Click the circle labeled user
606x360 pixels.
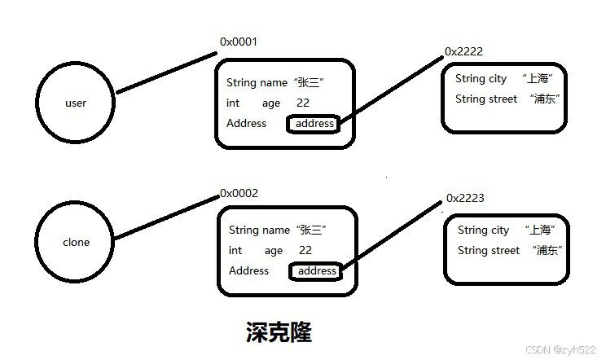coord(76,103)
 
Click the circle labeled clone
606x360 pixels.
coord(76,243)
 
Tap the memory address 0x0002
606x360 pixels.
coord(239,193)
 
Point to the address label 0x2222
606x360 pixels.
coord(463,51)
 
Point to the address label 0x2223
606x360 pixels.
coord(465,199)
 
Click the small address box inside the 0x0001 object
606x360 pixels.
coord(314,124)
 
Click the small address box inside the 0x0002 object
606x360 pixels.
coord(316,271)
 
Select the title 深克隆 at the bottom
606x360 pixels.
coord(279,331)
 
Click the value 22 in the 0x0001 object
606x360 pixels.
coord(303,103)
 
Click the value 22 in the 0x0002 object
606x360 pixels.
coord(305,251)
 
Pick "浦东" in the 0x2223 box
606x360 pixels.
coord(547,251)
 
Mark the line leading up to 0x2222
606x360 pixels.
coord(391,90)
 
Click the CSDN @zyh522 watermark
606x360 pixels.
coord(561,349)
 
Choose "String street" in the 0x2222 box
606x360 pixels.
coord(486,99)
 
